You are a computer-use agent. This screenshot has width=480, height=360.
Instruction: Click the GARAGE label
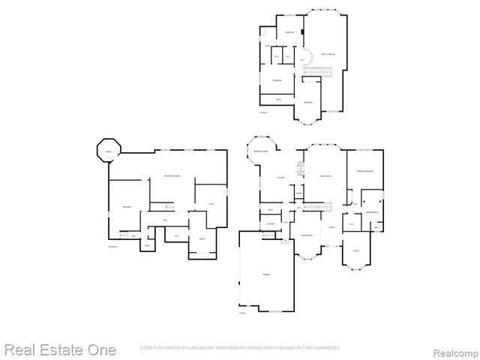266,275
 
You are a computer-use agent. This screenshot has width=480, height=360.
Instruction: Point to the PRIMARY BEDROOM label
365,170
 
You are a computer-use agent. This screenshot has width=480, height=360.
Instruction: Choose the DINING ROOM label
307,235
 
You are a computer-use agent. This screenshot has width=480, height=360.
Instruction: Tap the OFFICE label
356,250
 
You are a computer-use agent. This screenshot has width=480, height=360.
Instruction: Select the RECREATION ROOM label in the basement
175,176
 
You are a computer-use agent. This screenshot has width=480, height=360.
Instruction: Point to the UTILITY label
210,204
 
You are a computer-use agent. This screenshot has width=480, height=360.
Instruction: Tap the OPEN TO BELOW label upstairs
328,55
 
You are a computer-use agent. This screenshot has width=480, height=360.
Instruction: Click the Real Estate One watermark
60,349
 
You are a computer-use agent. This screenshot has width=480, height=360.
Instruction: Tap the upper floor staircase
321,70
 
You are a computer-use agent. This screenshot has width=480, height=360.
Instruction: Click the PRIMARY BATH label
371,214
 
